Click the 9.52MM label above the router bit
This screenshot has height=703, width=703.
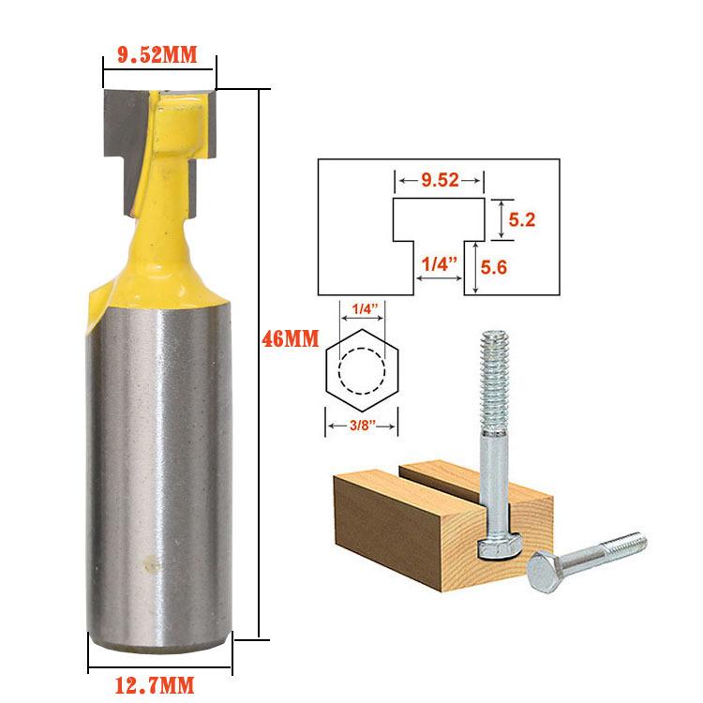pyautogui.click(x=157, y=55)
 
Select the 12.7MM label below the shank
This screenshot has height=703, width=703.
pyautogui.click(x=158, y=682)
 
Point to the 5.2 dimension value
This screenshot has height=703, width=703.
pyautogui.click(x=521, y=219)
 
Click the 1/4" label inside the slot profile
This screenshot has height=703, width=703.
pyautogui.click(x=438, y=265)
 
